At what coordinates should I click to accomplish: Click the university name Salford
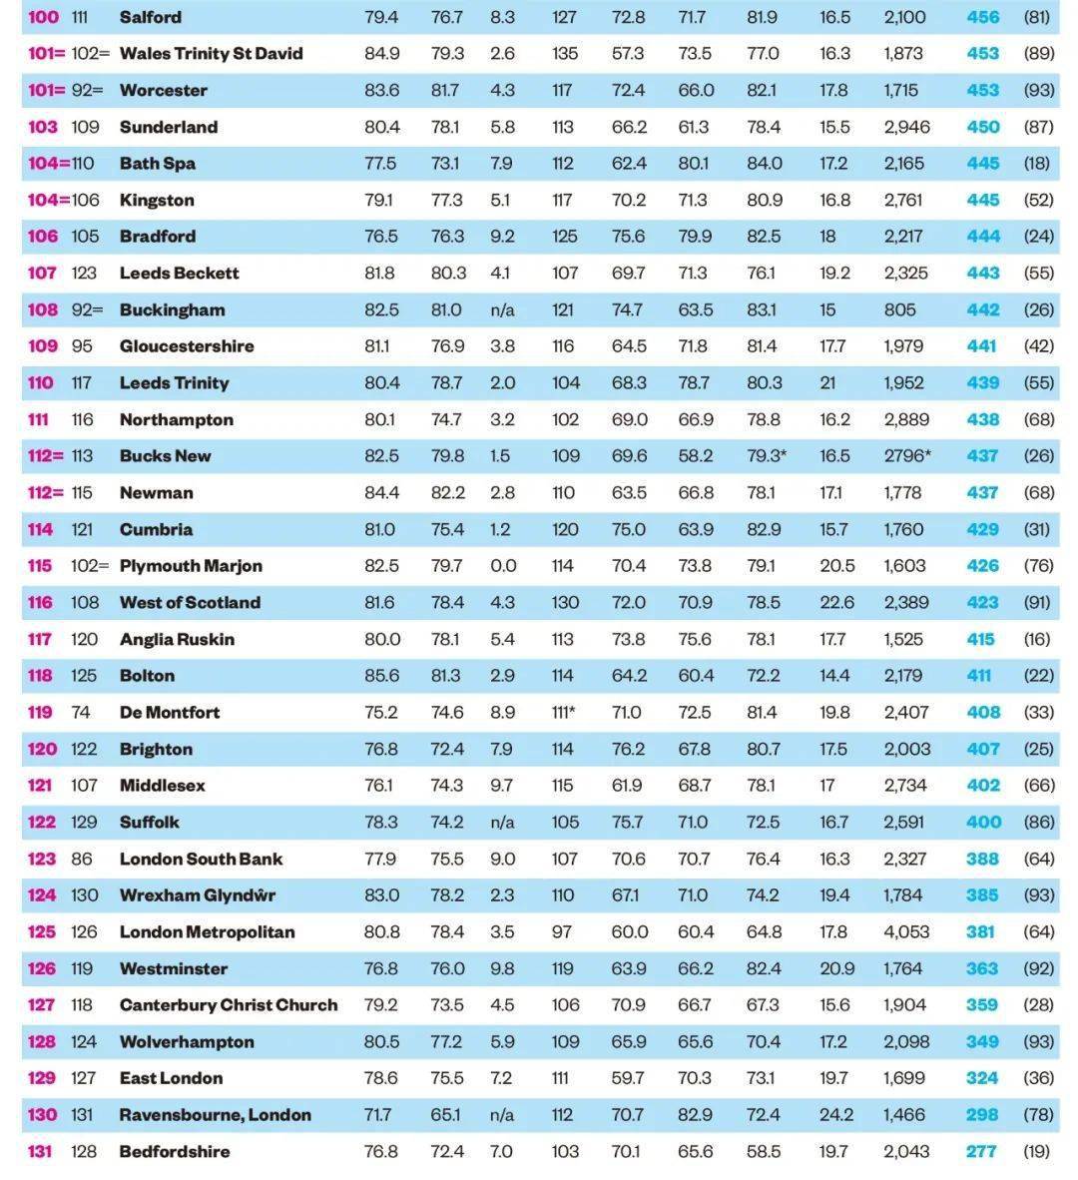pyautogui.click(x=150, y=17)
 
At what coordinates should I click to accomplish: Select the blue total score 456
pyautogui.click(x=982, y=17)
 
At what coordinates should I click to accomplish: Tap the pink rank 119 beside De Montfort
pyautogui.click(x=40, y=713)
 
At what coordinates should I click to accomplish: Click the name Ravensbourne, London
pyautogui.click(x=215, y=1115)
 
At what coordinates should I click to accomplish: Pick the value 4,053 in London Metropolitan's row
pyautogui.click(x=905, y=932)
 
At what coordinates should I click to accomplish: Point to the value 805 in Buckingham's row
pyautogui.click(x=899, y=310)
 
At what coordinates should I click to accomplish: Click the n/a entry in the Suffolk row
pyautogui.click(x=502, y=823)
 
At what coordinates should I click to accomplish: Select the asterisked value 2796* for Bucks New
pyautogui.click(x=906, y=456)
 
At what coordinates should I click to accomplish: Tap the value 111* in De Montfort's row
pyautogui.click(x=564, y=713)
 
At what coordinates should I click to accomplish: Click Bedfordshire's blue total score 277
pyautogui.click(x=981, y=1152)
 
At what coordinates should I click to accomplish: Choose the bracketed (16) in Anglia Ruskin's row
pyautogui.click(x=1038, y=640)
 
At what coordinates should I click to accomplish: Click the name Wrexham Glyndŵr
pyautogui.click(x=197, y=895)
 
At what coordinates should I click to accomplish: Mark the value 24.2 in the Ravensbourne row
pyautogui.click(x=835, y=1115)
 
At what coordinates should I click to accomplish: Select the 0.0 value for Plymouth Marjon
pyautogui.click(x=503, y=566)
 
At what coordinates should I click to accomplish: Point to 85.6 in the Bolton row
pyautogui.click(x=381, y=676)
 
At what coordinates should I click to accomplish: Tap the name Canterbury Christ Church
pyautogui.click(x=228, y=1005)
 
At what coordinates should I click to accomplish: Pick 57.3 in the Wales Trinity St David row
pyautogui.click(x=628, y=54)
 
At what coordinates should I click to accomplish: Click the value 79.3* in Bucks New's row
pyautogui.click(x=767, y=456)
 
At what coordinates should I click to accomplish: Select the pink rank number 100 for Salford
pyautogui.click(x=43, y=17)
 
